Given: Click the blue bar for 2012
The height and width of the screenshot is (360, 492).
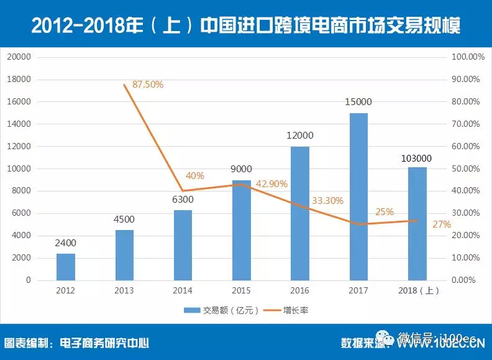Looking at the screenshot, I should pos(66,267).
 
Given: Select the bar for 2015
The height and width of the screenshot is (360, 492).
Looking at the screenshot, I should pos(242,230).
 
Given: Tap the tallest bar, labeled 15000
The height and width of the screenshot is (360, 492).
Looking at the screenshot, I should pos(358,196).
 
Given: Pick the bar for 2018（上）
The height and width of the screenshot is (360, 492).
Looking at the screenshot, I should pos(417,224).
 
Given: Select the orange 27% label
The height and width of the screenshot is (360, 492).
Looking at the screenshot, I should pos(442,224).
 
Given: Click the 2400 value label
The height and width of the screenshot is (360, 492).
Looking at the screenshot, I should pos(66,244).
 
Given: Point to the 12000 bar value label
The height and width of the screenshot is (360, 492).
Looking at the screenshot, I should pos(300,136).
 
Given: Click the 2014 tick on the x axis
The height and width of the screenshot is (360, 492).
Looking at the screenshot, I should pos(183,291).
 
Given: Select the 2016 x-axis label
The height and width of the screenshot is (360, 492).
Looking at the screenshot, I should pos(300,291).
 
